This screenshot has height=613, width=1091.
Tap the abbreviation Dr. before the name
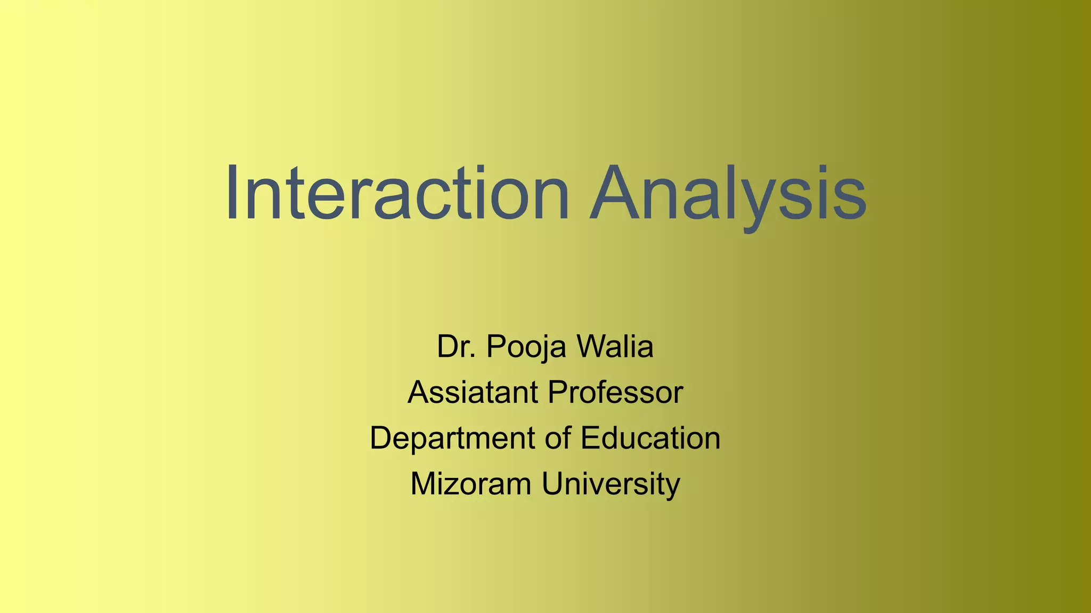click(x=456, y=346)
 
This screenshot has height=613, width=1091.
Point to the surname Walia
click(x=615, y=346)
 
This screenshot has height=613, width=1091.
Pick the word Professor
click(x=615, y=392)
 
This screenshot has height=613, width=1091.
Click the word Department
click(x=452, y=438)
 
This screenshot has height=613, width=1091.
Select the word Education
click(x=650, y=438)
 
